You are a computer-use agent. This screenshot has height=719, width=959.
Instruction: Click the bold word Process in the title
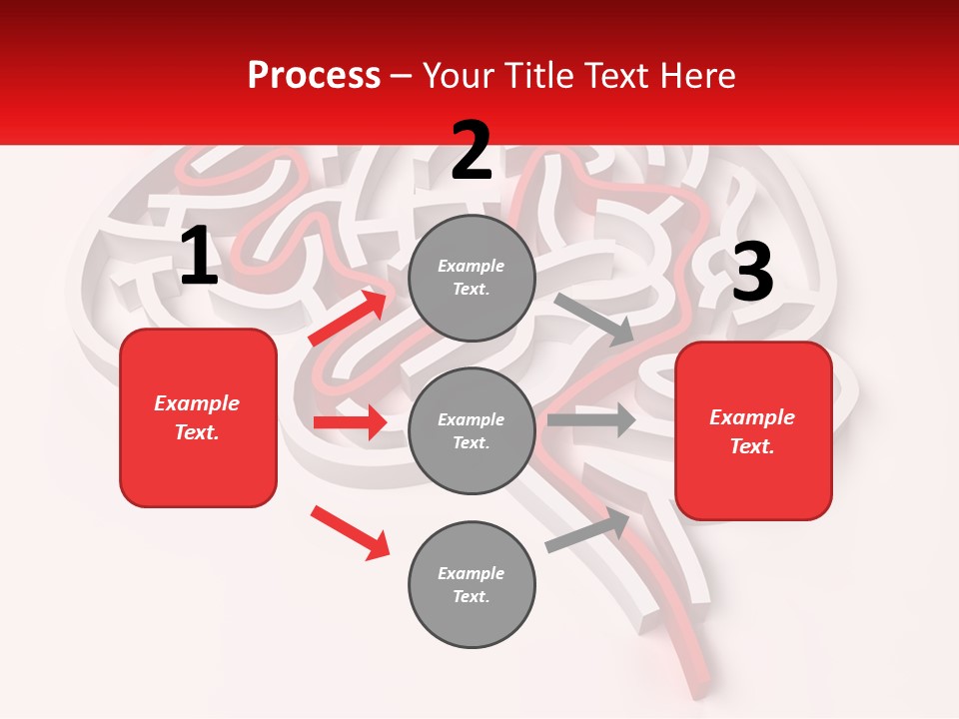coord(314,76)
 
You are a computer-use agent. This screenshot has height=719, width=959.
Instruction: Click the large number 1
coord(199,256)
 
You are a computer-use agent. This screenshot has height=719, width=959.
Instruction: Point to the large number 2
coord(472,151)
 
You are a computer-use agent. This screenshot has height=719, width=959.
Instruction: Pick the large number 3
coord(752,272)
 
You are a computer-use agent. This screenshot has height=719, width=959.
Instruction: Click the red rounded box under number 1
coord(198,417)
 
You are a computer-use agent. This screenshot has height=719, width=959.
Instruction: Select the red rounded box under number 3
coord(753,431)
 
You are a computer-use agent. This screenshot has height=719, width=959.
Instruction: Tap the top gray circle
coord(472,278)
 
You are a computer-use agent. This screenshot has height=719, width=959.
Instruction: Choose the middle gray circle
coord(472,431)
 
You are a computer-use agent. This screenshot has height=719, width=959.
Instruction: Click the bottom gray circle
coord(472,585)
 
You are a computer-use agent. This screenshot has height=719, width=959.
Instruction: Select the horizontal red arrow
coord(350,422)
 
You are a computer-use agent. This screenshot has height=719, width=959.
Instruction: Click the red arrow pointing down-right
coord(350,532)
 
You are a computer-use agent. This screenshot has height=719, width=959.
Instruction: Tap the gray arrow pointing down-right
coord(594,320)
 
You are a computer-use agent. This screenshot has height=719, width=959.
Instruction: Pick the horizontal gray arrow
coord(591,419)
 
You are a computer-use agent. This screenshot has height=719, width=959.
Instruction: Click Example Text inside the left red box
coord(197,417)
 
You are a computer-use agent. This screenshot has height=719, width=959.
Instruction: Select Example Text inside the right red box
coord(752,431)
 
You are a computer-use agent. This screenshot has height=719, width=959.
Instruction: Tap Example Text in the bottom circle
coord(472,585)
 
